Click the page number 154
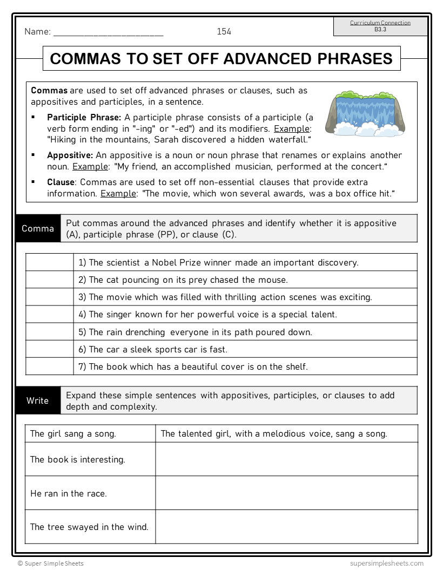(x=224, y=32)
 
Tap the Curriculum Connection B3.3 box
(x=380, y=26)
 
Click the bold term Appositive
(x=70, y=155)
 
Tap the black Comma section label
(x=38, y=228)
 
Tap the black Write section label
(x=38, y=400)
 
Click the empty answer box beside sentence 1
(x=50, y=263)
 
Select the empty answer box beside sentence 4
(x=50, y=314)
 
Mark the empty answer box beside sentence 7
(x=50, y=366)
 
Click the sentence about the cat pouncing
(x=183, y=280)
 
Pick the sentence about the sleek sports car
(x=153, y=349)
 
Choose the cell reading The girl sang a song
(x=73, y=433)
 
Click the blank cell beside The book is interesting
(x=286, y=459)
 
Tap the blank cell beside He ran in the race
(x=286, y=493)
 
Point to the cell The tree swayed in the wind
(x=89, y=527)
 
